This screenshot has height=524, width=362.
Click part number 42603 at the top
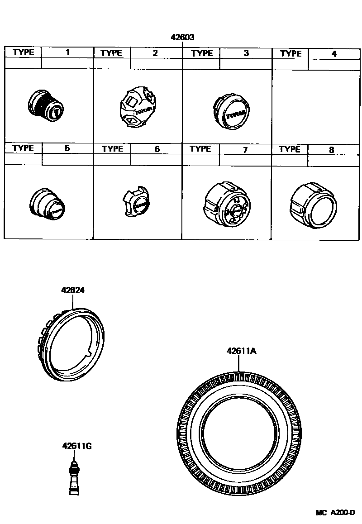(x=183, y=38)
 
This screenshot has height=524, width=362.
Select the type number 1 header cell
(x=67, y=52)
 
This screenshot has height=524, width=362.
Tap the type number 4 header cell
(x=334, y=54)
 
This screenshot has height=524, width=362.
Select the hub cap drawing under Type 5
(x=47, y=204)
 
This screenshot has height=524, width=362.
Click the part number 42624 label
(x=73, y=290)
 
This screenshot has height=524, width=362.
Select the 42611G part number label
(x=77, y=446)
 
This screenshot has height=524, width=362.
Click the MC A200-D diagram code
(x=335, y=513)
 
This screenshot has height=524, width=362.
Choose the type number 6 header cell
(x=157, y=149)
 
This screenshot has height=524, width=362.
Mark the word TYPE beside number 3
(x=202, y=53)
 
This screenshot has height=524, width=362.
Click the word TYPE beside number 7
(x=200, y=149)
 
